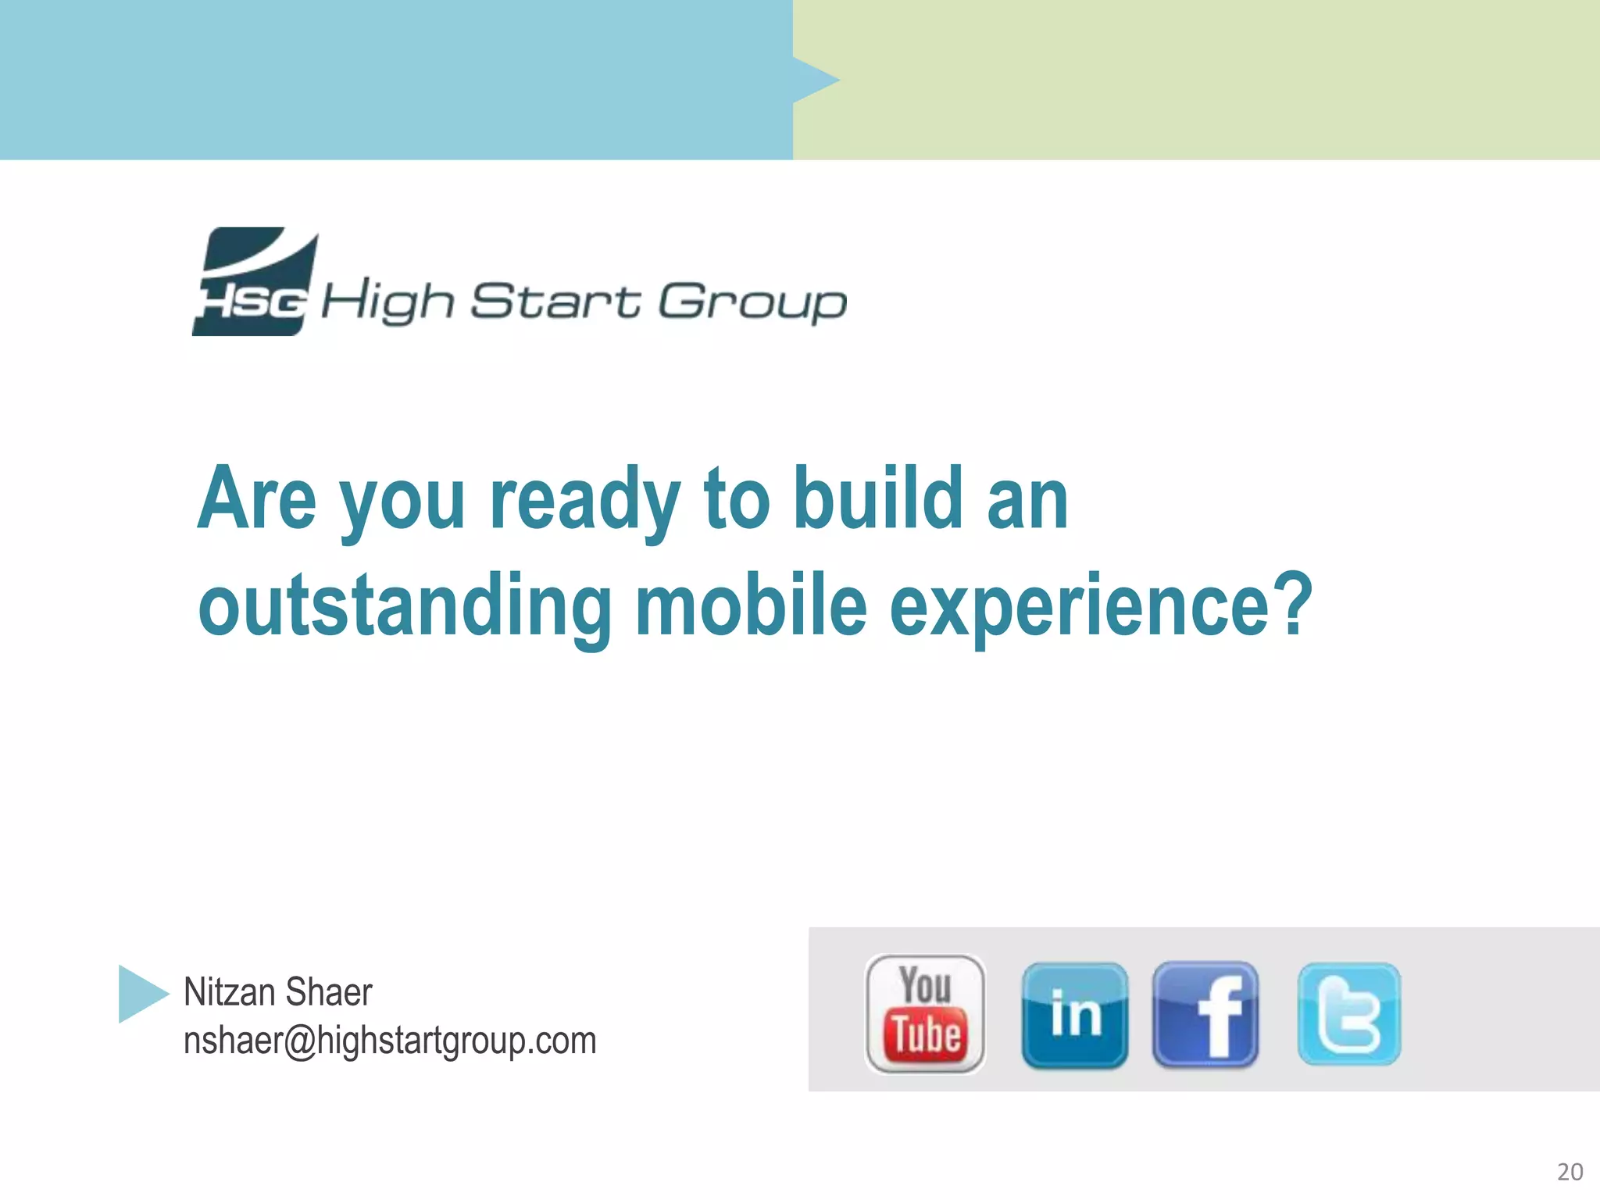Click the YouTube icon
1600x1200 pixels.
[x=925, y=1014]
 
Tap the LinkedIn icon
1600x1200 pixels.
[x=1075, y=1015]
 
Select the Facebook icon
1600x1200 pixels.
[x=1205, y=1015]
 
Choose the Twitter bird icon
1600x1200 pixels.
[x=1349, y=1015]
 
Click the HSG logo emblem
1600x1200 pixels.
[x=255, y=282]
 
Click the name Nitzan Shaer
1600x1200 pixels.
[x=277, y=992]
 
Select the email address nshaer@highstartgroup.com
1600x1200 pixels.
[x=389, y=1041]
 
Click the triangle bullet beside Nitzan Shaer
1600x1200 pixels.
[x=141, y=994]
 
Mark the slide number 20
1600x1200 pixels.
[x=1570, y=1172]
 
